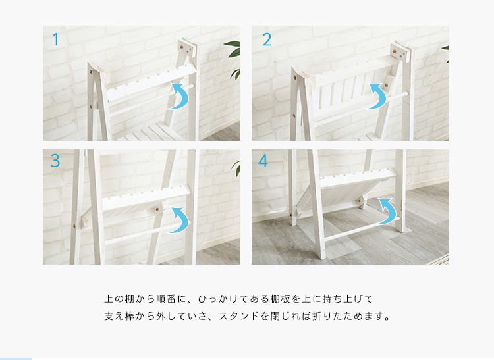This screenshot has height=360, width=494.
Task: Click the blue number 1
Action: pos(56,39)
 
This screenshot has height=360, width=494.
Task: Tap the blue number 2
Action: pos(267,39)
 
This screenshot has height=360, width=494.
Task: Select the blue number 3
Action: pos(55,161)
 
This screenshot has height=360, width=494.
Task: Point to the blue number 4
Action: pos(263,160)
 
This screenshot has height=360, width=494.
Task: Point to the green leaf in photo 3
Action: pos(236,168)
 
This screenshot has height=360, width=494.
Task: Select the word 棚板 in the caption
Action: pos(281,299)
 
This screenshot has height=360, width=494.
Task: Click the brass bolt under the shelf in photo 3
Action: pos(157,209)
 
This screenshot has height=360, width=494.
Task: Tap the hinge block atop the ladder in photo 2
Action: pos(401,51)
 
